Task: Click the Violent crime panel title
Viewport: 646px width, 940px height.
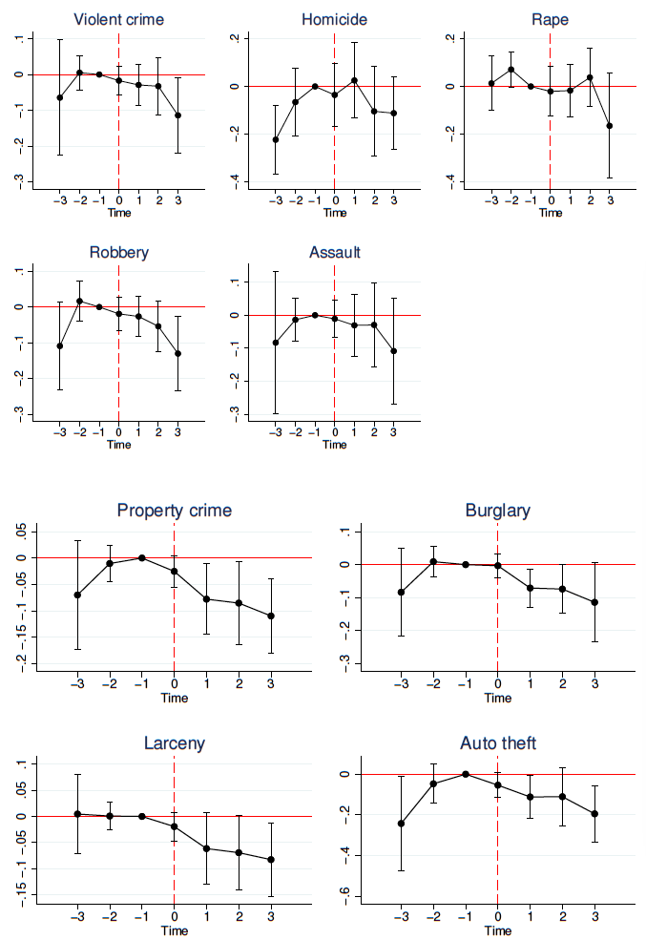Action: pos(118,19)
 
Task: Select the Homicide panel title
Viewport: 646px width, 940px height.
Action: pos(334,19)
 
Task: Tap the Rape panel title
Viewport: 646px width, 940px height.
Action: pos(551,19)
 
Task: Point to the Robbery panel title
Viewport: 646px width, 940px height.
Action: pos(118,253)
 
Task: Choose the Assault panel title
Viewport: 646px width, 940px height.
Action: pos(334,253)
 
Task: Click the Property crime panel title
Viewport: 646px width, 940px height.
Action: pos(174,511)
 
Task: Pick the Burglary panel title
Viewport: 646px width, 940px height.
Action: pos(497,511)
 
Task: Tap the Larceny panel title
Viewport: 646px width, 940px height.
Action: pos(174,743)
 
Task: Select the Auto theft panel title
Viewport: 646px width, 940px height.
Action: pos(497,743)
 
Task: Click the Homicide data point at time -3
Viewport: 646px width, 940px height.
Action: pos(276,139)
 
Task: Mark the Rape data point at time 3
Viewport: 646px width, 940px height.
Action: pos(610,126)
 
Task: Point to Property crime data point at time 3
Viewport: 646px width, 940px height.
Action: pos(271,616)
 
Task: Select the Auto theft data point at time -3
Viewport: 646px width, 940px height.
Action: pos(401,824)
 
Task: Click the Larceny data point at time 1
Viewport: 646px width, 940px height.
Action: pos(206,848)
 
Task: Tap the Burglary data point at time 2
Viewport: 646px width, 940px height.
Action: pos(562,589)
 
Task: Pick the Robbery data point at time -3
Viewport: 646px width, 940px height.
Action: pos(59,345)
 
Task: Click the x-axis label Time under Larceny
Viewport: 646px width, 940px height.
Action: pos(174,930)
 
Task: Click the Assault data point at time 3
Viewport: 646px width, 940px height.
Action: pos(393,351)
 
